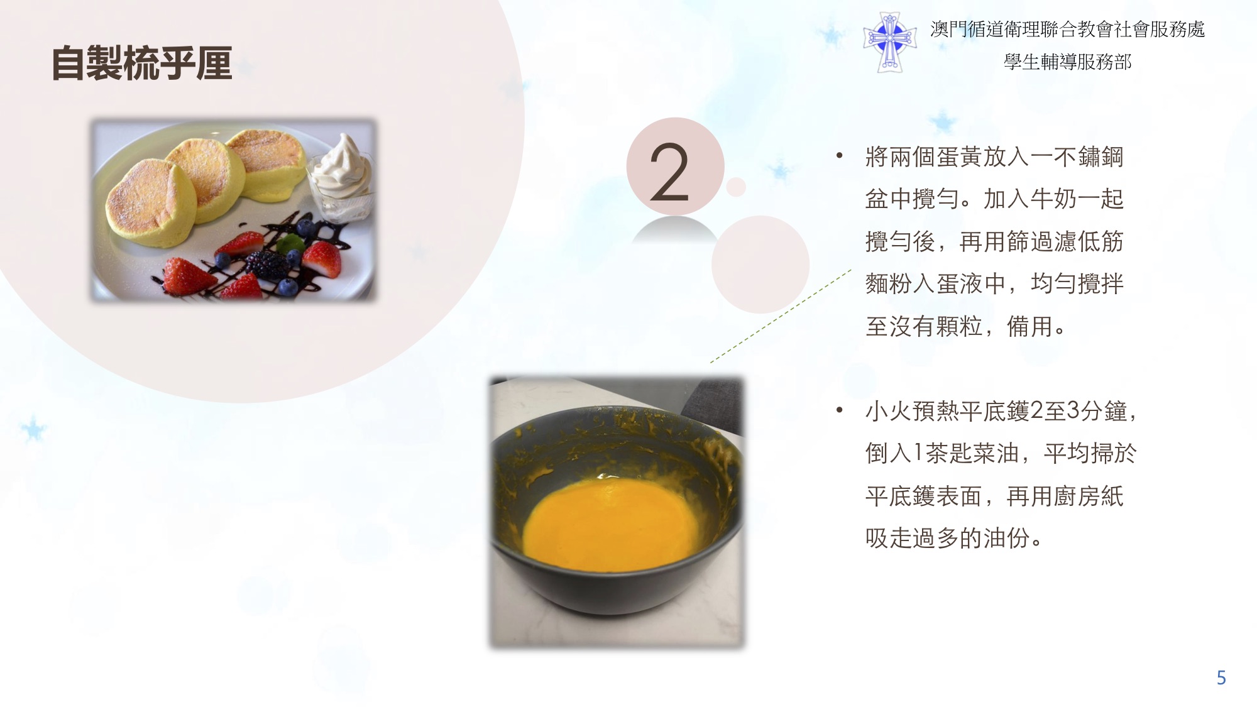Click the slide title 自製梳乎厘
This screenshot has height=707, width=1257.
142,63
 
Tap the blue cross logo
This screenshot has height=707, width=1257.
889,41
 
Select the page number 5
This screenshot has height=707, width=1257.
1221,677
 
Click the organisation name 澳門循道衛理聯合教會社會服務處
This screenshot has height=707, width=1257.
1067,30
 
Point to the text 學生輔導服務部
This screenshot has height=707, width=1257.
1067,62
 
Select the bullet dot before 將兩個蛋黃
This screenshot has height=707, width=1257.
839,156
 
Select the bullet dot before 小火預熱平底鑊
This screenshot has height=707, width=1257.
839,410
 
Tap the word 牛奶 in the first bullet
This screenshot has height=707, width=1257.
1053,199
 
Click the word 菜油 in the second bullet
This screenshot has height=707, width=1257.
996,453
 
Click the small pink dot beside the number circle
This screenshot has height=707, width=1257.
736,187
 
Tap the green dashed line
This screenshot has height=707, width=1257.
781,316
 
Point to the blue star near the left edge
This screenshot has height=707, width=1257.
33,429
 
